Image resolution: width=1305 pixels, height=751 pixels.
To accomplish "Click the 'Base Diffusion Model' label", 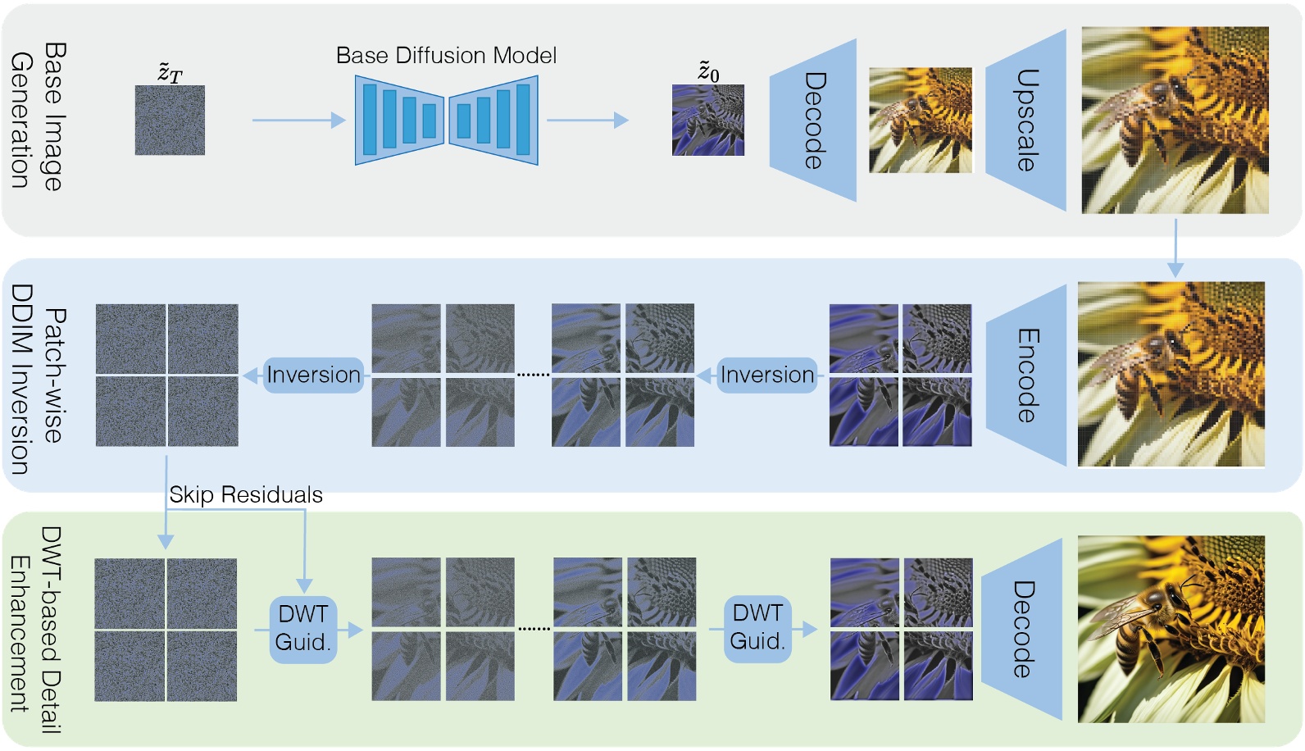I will (x=446, y=56).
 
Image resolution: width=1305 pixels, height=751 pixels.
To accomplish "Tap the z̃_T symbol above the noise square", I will (x=170, y=72).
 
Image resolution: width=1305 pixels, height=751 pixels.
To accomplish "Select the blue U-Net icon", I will (x=446, y=121).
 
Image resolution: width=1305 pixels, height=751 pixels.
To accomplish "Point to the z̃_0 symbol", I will (x=708, y=71).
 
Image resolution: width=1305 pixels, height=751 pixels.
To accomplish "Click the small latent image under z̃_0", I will (x=708, y=120).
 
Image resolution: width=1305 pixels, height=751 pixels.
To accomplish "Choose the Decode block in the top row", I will (x=812, y=121).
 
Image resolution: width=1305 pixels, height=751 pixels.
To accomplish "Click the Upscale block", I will (x=1026, y=121).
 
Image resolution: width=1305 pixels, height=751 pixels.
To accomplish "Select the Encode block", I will (x=1026, y=375).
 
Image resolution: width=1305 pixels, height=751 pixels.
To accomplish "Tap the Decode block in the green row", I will (x=1022, y=630).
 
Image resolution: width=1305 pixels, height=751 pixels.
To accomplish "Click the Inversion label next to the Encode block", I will (x=766, y=375).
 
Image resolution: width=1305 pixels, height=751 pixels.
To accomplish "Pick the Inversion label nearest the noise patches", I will (x=313, y=375).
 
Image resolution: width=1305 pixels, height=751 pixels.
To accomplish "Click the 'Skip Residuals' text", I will (x=246, y=495).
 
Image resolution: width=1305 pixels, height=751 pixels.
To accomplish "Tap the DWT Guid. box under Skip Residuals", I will (x=303, y=629).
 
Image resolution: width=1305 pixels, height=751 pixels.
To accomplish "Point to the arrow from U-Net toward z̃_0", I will (x=587, y=121).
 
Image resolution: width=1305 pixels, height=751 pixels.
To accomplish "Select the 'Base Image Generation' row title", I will (x=38, y=117).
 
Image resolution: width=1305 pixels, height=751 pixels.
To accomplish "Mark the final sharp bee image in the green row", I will (x=1171, y=630).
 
